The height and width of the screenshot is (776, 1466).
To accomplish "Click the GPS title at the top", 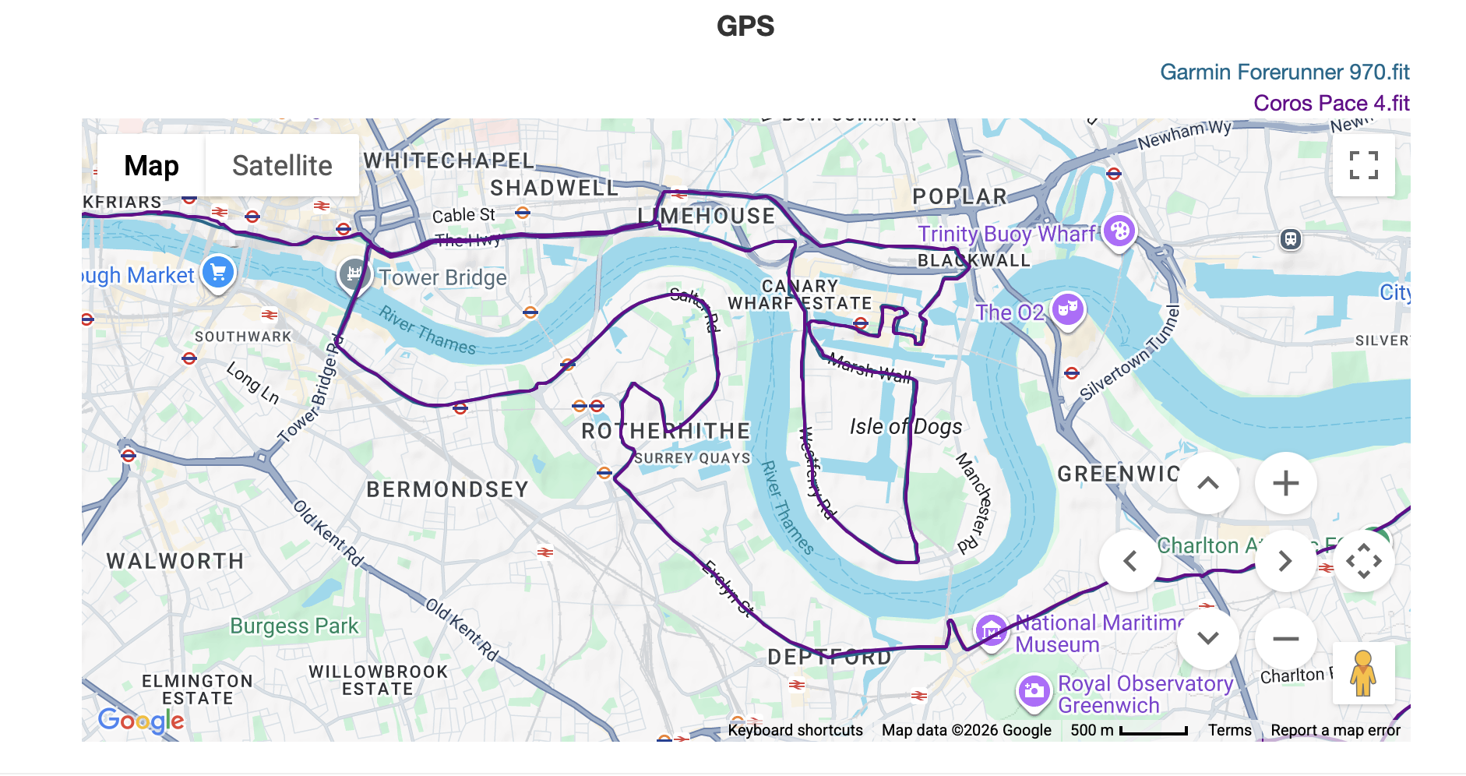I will (745, 26).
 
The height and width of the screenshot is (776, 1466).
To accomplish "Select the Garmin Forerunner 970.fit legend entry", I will (1284, 72).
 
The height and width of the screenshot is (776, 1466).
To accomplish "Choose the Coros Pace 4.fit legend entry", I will (1330, 104).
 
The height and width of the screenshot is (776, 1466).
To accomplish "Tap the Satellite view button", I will (282, 165).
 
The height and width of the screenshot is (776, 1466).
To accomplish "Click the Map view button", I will (151, 165).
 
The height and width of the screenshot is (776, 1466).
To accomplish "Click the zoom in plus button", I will (1285, 483).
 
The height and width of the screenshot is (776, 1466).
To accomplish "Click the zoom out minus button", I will (1285, 639).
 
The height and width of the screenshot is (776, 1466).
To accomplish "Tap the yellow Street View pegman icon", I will (1362, 673).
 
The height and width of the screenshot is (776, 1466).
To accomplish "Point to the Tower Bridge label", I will (442, 277).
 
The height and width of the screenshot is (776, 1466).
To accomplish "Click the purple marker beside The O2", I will (1068, 309).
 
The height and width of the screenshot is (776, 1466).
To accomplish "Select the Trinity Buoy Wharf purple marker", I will (1119, 231).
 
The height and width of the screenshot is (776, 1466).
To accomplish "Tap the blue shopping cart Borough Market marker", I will (218, 272).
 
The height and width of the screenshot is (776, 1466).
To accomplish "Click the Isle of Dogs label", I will (905, 426).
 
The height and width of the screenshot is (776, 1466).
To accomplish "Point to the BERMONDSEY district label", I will (447, 489).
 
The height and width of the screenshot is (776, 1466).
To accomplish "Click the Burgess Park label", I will (294, 626).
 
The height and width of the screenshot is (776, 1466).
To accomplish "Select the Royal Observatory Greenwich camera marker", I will (1034, 690).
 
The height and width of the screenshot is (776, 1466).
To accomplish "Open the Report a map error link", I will (1334, 730).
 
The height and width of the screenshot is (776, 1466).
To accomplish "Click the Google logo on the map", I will (141, 720).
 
